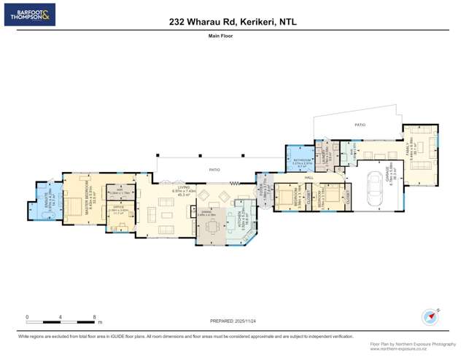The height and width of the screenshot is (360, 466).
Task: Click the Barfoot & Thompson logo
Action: (x=29, y=15)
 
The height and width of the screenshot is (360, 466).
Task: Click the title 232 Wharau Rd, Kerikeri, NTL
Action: (x=233, y=22)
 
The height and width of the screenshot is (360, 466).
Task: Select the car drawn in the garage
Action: (x=374, y=188)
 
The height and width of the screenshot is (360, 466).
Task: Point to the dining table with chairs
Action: (x=211, y=228)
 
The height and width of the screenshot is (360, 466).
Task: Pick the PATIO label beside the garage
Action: (x=360, y=125)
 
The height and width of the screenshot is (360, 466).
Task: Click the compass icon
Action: (x=430, y=318)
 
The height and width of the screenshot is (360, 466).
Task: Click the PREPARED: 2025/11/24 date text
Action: (x=233, y=321)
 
